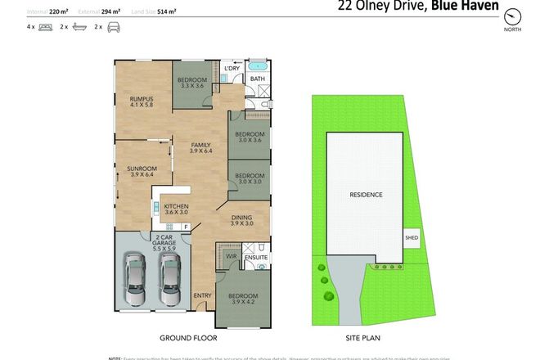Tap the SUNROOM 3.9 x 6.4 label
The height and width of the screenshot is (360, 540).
[x=141, y=170]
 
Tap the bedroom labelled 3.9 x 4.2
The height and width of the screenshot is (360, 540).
[x=242, y=299]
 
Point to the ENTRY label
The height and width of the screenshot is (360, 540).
[x=202, y=295]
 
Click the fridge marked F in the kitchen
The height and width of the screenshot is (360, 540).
[x=187, y=227]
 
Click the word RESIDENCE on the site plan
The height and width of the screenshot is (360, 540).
[x=366, y=195]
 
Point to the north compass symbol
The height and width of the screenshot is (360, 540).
[x=513, y=16]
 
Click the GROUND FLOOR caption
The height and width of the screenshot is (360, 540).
[x=182, y=336]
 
